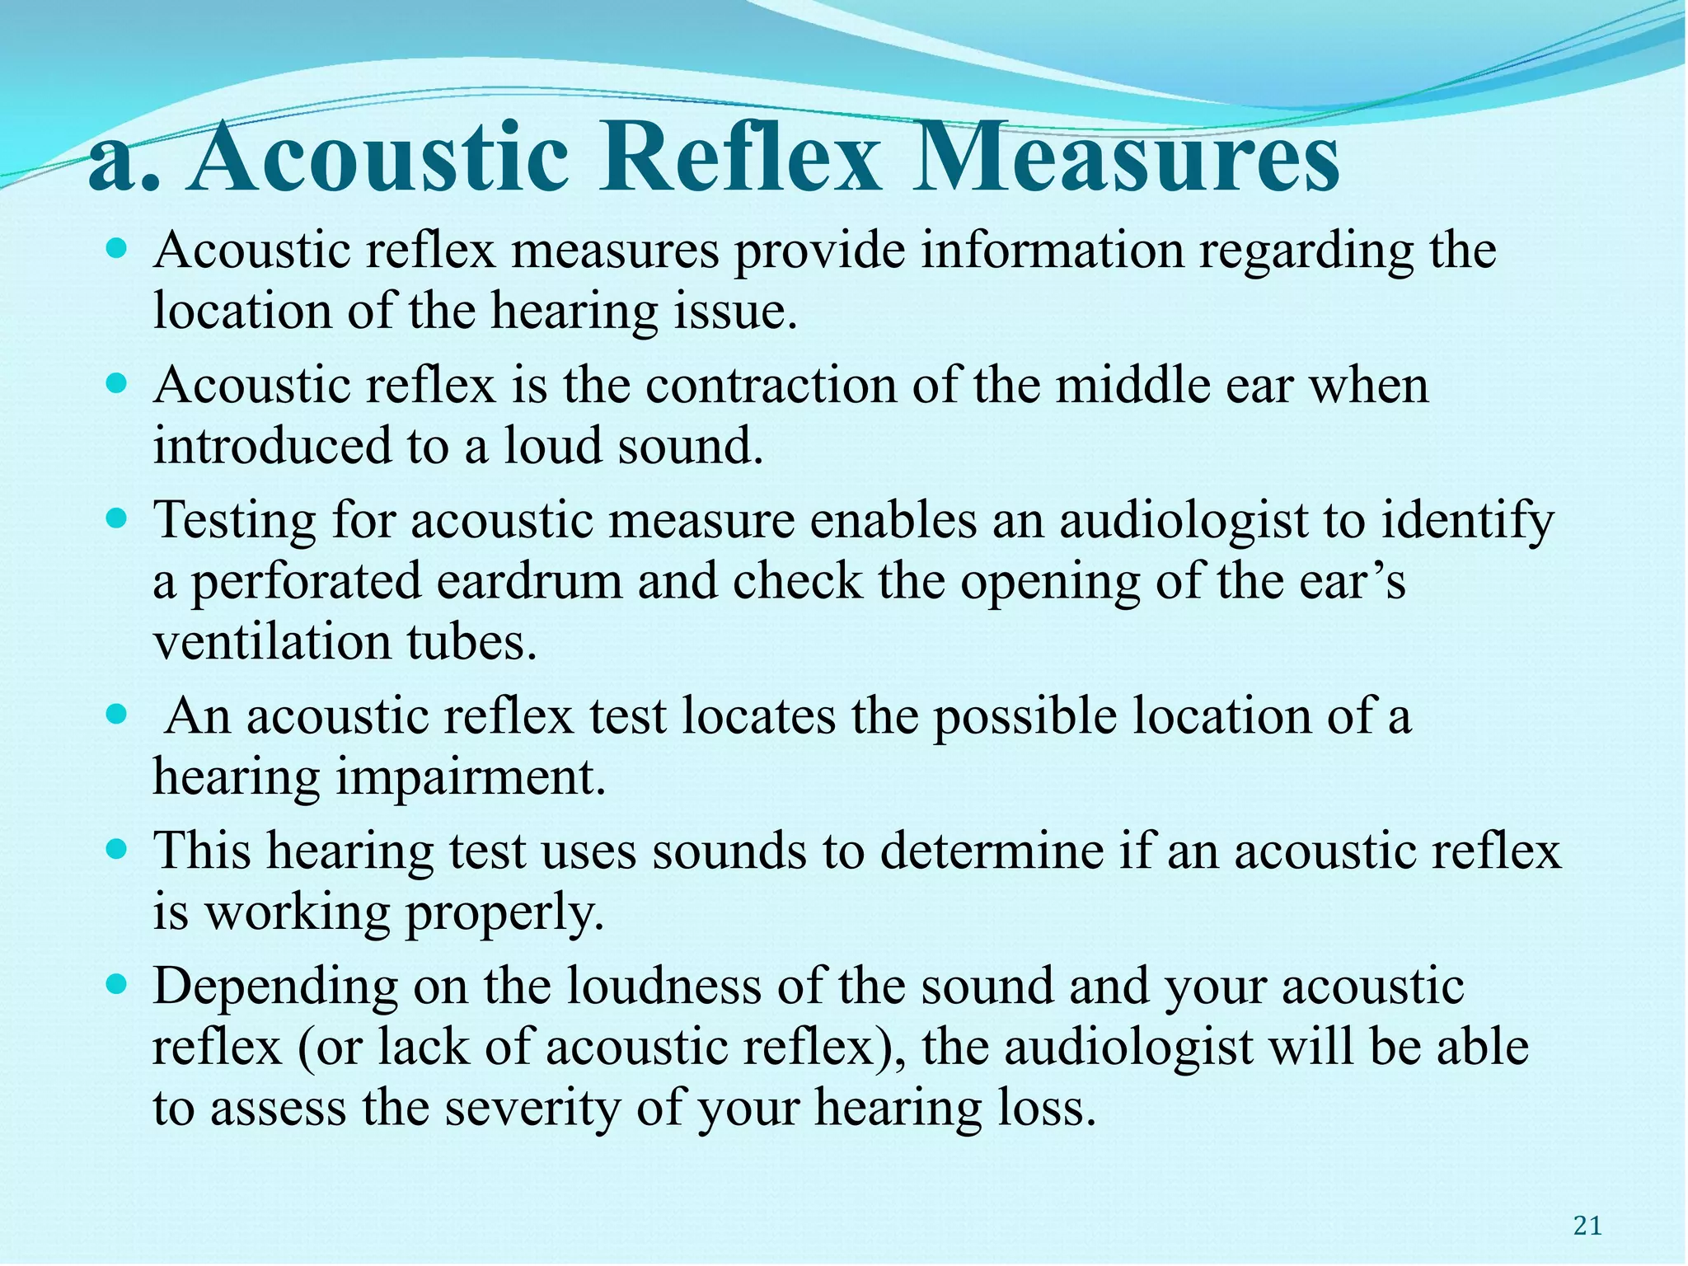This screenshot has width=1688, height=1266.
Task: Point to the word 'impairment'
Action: pos(470,778)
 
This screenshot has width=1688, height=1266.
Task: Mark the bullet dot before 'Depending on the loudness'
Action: pos(118,982)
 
